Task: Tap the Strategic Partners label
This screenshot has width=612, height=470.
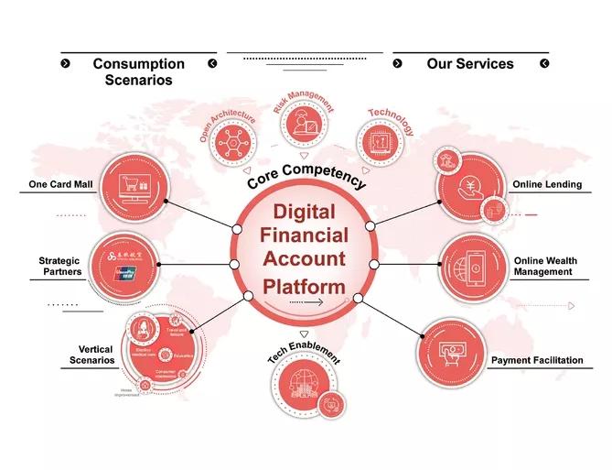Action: [60, 266]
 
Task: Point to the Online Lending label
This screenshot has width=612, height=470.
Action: [547, 184]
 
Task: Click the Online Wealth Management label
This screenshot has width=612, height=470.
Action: [545, 266]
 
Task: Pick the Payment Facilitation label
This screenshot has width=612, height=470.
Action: [537, 360]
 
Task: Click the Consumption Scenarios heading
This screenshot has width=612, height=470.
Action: [138, 71]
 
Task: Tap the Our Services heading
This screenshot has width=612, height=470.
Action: [470, 64]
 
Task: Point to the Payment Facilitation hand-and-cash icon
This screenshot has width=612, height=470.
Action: [455, 352]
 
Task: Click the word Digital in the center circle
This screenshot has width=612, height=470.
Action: [305, 213]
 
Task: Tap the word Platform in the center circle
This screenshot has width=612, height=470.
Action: [305, 286]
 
